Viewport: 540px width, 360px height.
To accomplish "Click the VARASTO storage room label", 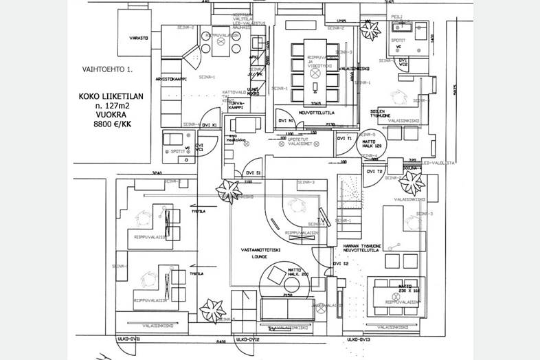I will [x=137, y=38].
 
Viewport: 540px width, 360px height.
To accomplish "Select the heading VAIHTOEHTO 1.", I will [x=104, y=70].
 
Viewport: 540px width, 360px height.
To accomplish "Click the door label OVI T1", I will [x=344, y=138].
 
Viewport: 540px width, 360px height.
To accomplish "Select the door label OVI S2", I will [x=341, y=263].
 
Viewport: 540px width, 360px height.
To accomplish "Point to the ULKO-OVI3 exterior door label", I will [x=359, y=339].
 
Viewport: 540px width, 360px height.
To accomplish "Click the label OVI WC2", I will [x=404, y=63].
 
